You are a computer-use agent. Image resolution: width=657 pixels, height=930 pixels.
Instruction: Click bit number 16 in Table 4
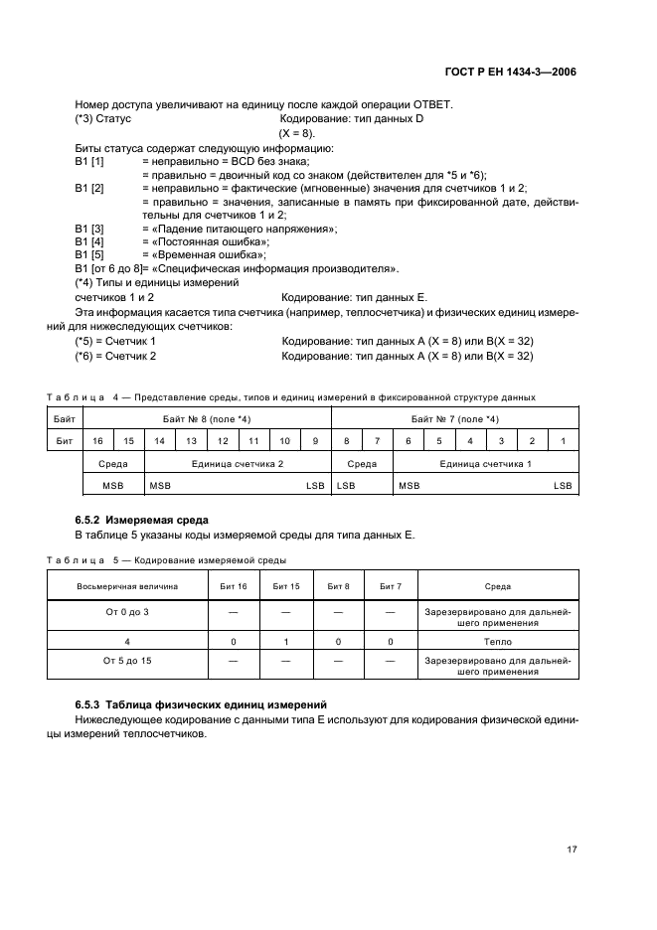click(97, 440)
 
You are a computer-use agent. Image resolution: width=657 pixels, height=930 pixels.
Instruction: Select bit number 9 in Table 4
click(314, 440)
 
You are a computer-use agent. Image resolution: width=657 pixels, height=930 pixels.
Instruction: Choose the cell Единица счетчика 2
click(237, 463)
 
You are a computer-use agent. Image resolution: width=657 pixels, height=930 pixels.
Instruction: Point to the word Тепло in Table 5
click(498, 643)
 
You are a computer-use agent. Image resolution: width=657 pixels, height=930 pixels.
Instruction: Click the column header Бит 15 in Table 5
click(286, 587)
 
